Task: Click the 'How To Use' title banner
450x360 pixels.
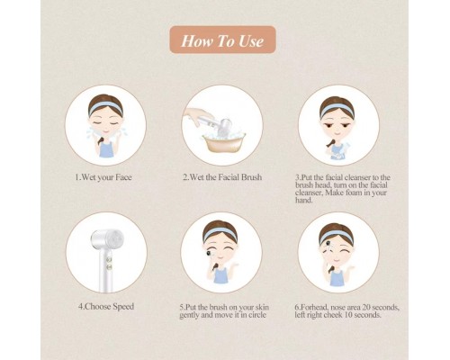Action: click(222, 40)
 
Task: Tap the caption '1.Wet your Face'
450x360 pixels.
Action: click(103, 177)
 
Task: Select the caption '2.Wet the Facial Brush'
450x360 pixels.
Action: click(222, 177)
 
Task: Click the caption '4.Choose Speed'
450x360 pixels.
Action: click(106, 307)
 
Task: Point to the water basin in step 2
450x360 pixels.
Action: click(224, 145)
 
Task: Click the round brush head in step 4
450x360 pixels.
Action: click(115, 238)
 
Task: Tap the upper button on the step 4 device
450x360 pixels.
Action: click(110, 259)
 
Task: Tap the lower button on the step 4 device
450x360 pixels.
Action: click(110, 266)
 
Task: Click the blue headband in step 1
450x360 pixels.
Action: click(105, 105)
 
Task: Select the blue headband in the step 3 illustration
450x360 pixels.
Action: click(337, 108)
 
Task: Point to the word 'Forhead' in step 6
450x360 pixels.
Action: click(315, 308)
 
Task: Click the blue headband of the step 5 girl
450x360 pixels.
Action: click(220, 232)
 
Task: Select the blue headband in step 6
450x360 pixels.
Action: click(337, 235)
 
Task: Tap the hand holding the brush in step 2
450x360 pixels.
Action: click(195, 115)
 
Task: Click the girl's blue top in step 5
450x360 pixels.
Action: click(220, 275)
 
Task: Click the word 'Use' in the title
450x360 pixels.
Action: click(251, 40)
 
